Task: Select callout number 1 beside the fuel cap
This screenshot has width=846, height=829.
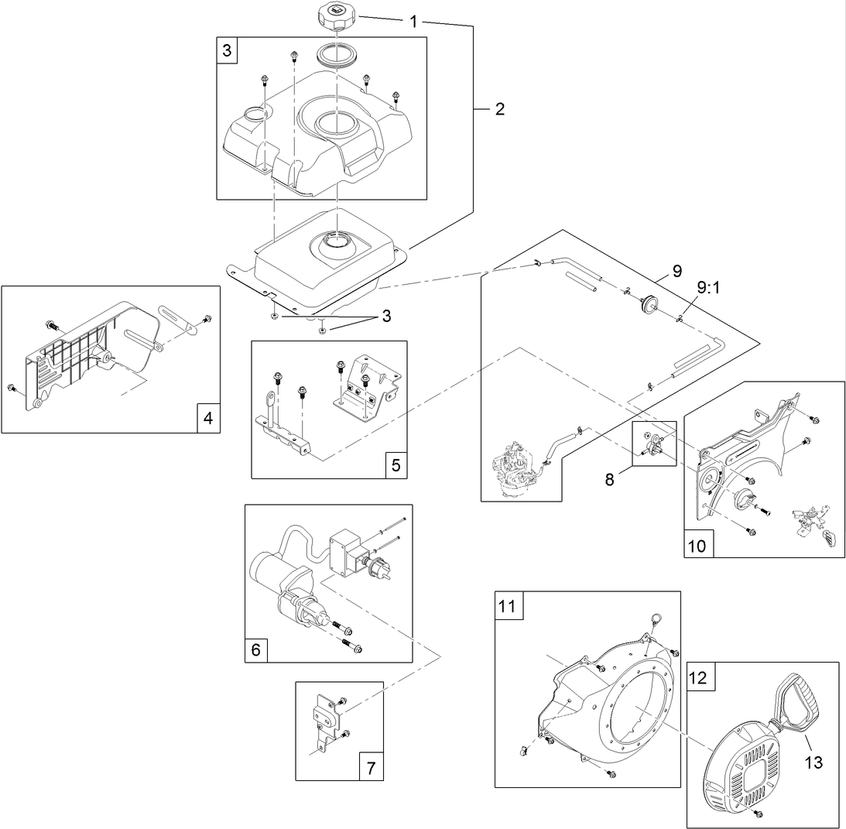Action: [x=413, y=22]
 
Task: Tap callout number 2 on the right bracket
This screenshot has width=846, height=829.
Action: [x=498, y=109]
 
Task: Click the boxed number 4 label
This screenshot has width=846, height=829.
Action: [x=207, y=419]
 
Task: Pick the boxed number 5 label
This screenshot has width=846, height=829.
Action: [x=395, y=465]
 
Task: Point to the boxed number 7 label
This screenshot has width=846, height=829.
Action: [x=371, y=768]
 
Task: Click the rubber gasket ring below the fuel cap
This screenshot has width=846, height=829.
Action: [x=337, y=56]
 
